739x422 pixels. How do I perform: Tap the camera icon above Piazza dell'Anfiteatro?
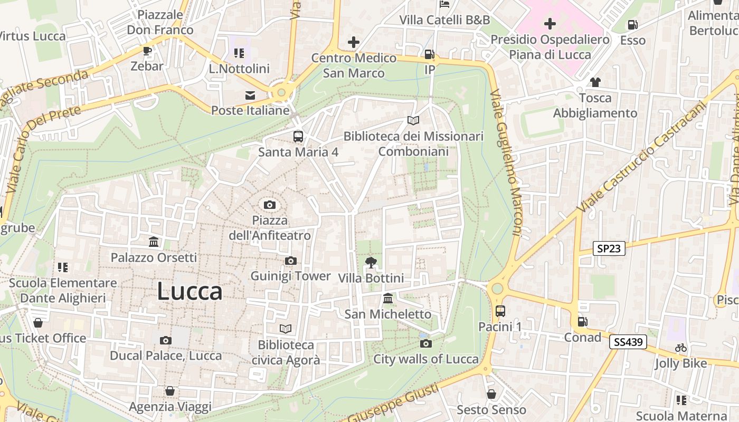(270, 205)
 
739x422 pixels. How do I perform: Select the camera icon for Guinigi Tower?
(290, 261)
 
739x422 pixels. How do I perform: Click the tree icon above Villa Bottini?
(371, 262)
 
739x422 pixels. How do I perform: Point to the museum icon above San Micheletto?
(389, 299)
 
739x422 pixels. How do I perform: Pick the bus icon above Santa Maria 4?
(298, 137)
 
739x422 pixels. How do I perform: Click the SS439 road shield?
(628, 342)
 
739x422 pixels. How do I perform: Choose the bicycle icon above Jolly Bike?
(681, 348)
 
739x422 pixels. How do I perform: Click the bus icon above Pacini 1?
(500, 311)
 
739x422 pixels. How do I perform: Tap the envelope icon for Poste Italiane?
(250, 95)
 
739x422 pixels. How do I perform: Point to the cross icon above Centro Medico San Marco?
(354, 42)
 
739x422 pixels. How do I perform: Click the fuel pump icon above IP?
(430, 54)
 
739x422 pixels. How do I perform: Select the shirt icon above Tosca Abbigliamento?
(595, 82)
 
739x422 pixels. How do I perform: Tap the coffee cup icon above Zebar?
(147, 51)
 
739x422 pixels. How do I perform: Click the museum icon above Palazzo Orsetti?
(154, 242)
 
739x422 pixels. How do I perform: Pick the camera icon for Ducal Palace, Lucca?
(166, 340)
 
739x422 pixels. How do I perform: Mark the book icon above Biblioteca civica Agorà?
(286, 329)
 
